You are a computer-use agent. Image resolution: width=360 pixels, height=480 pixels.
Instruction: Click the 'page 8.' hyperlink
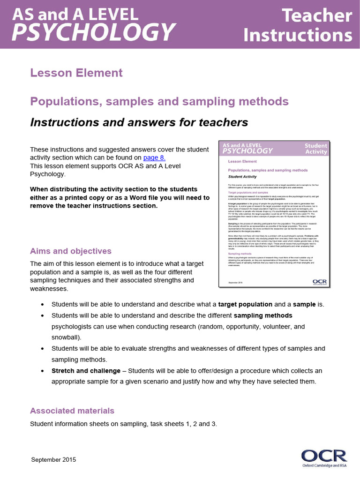(154, 158)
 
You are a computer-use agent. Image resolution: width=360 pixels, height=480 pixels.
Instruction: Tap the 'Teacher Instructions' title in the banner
(298, 25)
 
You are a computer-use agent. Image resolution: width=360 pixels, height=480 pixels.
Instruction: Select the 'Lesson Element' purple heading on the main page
(76, 73)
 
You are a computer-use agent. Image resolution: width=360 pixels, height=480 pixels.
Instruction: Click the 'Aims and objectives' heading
(71, 251)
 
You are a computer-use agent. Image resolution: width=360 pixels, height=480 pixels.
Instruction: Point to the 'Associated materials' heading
(72, 411)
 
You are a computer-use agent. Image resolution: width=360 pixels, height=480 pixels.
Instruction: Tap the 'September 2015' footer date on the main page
(53, 460)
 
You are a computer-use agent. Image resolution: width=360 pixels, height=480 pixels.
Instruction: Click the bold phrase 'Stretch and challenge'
(86, 370)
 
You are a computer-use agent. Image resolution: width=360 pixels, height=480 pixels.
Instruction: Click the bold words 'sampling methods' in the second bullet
(263, 315)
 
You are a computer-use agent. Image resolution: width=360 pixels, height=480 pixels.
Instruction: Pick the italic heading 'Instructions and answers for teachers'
(139, 122)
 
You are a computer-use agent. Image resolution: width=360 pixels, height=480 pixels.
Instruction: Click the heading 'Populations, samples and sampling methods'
(159, 101)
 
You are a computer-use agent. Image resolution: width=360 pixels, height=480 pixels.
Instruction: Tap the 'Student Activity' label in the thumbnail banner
(316, 149)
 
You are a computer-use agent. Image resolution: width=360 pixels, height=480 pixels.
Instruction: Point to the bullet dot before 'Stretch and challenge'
(43, 371)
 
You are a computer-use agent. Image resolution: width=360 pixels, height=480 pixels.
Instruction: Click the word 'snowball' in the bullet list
(65, 337)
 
